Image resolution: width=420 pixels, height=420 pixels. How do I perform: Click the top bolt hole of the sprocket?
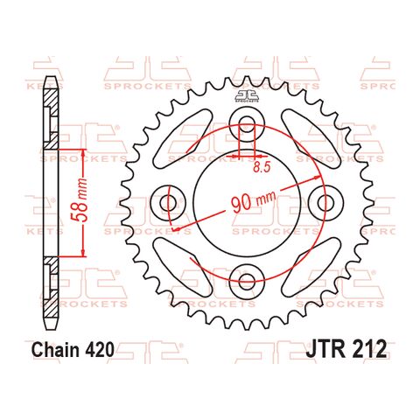246,120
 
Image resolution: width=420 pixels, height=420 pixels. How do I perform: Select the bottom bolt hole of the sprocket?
246,282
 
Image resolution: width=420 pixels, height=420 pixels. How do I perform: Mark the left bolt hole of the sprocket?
165,201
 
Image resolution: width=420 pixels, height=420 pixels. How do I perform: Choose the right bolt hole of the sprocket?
326,201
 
